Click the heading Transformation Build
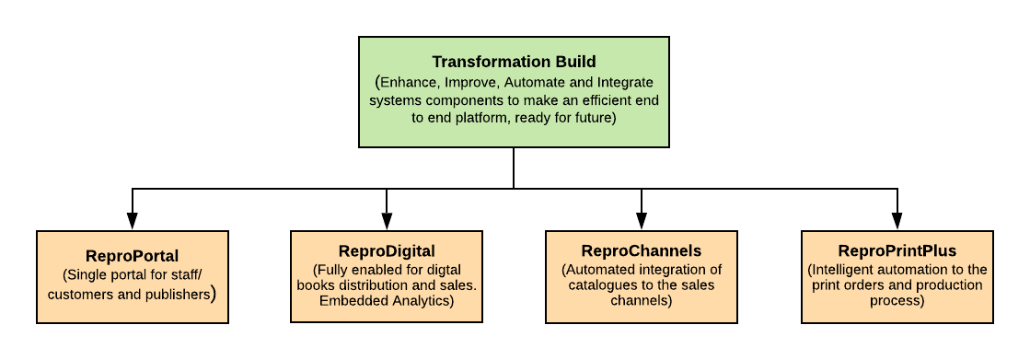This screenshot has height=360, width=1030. click(514, 62)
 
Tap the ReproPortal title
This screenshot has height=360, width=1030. click(132, 256)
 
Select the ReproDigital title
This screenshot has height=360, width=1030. click(387, 251)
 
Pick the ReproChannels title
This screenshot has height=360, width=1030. click(642, 251)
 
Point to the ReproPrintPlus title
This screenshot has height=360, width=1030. click(897, 251)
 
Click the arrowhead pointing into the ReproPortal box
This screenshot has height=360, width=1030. click(132, 221)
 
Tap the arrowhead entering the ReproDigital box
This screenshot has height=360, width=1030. click(387, 221)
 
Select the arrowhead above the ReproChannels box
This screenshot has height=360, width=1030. click(642, 221)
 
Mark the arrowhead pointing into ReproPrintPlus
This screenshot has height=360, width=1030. click(897, 221)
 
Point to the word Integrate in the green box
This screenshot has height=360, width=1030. click(625, 84)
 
